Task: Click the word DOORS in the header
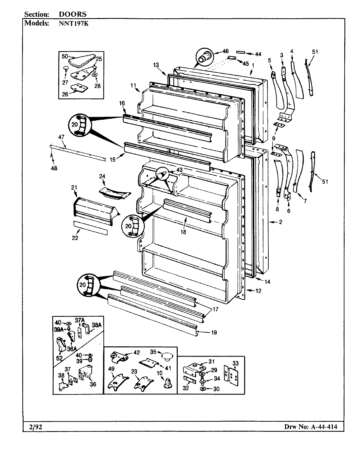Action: point(73,14)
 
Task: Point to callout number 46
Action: point(225,51)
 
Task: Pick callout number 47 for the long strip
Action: point(62,137)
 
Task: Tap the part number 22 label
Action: point(75,238)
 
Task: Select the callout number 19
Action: point(214,333)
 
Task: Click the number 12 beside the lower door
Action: point(259,290)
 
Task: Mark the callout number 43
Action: point(179,170)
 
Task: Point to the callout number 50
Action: point(64,57)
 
